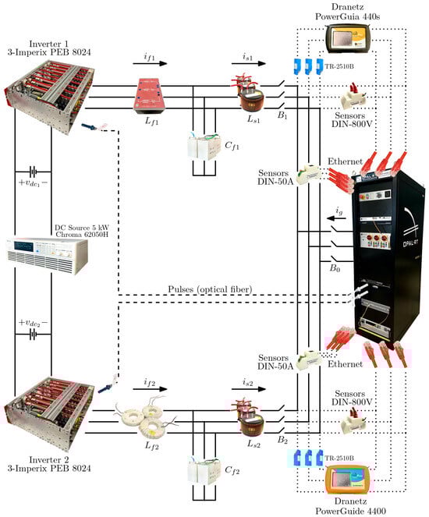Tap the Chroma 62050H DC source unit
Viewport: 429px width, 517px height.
47,257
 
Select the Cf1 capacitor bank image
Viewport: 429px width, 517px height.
204,147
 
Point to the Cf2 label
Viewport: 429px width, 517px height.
232,470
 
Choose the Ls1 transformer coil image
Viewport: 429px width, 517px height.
249,92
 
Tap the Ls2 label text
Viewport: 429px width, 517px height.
253,444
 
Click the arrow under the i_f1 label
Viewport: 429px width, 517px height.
150,63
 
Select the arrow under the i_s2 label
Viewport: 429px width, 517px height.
249,389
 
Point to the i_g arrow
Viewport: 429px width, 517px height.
336,218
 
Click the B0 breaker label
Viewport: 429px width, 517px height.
335,268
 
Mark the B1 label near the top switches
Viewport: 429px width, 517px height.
282,115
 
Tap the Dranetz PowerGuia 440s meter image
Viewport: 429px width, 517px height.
349,38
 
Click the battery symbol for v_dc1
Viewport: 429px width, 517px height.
33,172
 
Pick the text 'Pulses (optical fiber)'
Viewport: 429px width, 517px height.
210,289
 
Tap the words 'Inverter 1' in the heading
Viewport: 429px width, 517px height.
49,44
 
